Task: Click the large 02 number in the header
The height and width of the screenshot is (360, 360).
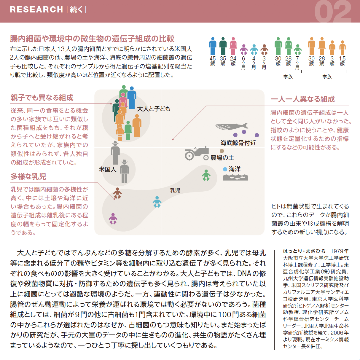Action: click(x=333, y=12)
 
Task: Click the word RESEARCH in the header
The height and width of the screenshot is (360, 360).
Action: click(x=36, y=9)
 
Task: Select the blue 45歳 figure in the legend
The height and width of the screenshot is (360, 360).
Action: click(x=213, y=46)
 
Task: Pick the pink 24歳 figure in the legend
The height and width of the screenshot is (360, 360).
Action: click(x=233, y=46)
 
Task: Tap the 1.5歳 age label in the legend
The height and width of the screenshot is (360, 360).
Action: click(x=343, y=61)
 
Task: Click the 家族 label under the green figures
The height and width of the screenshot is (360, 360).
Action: click(x=288, y=77)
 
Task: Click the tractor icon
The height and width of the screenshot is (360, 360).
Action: click(x=196, y=153)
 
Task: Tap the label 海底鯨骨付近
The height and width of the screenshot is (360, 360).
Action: click(x=238, y=143)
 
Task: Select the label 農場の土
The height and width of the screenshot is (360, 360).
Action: click(x=222, y=158)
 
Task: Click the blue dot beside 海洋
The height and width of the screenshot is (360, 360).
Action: click(x=225, y=169)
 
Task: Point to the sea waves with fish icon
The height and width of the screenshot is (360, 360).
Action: click(x=235, y=177)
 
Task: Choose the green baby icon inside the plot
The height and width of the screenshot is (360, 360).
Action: click(x=206, y=175)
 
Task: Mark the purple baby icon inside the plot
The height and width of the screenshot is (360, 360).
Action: click(x=113, y=219)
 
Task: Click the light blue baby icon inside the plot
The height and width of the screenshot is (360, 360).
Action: click(x=157, y=202)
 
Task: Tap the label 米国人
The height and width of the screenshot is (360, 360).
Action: click(x=107, y=169)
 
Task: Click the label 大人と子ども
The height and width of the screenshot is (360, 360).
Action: click(x=154, y=109)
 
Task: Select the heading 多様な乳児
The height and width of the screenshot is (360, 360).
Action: click(x=28, y=176)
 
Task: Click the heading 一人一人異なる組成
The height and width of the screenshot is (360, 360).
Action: click(x=303, y=99)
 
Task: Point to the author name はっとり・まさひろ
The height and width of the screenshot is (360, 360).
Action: click(x=304, y=251)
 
